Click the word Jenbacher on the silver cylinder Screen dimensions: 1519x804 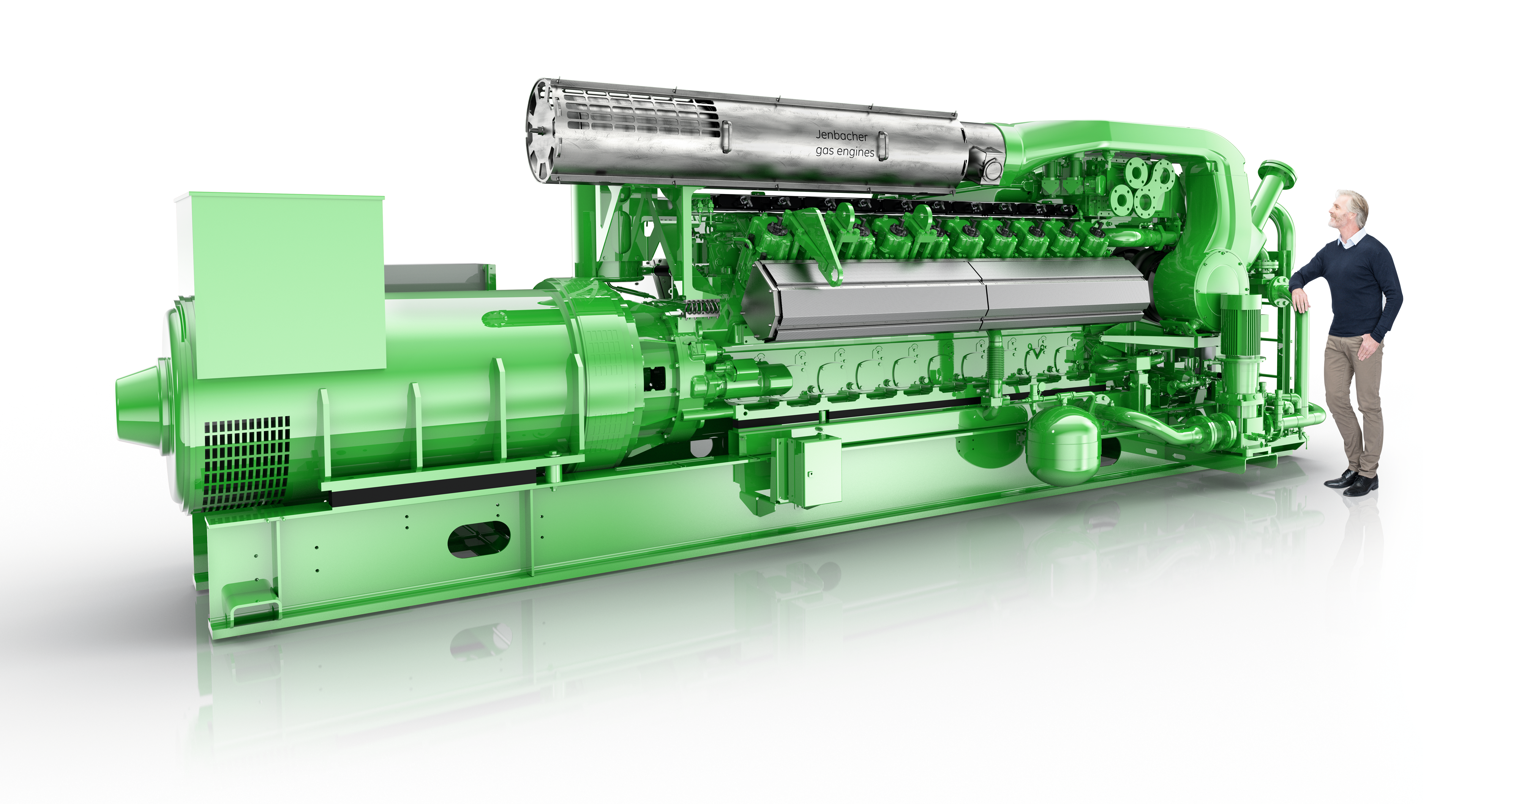coord(842,136)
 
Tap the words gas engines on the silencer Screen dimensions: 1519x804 coord(845,152)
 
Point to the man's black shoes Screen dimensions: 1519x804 coord(1352,481)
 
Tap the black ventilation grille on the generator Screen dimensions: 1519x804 coord(246,463)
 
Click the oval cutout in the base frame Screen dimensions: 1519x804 coord(479,539)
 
